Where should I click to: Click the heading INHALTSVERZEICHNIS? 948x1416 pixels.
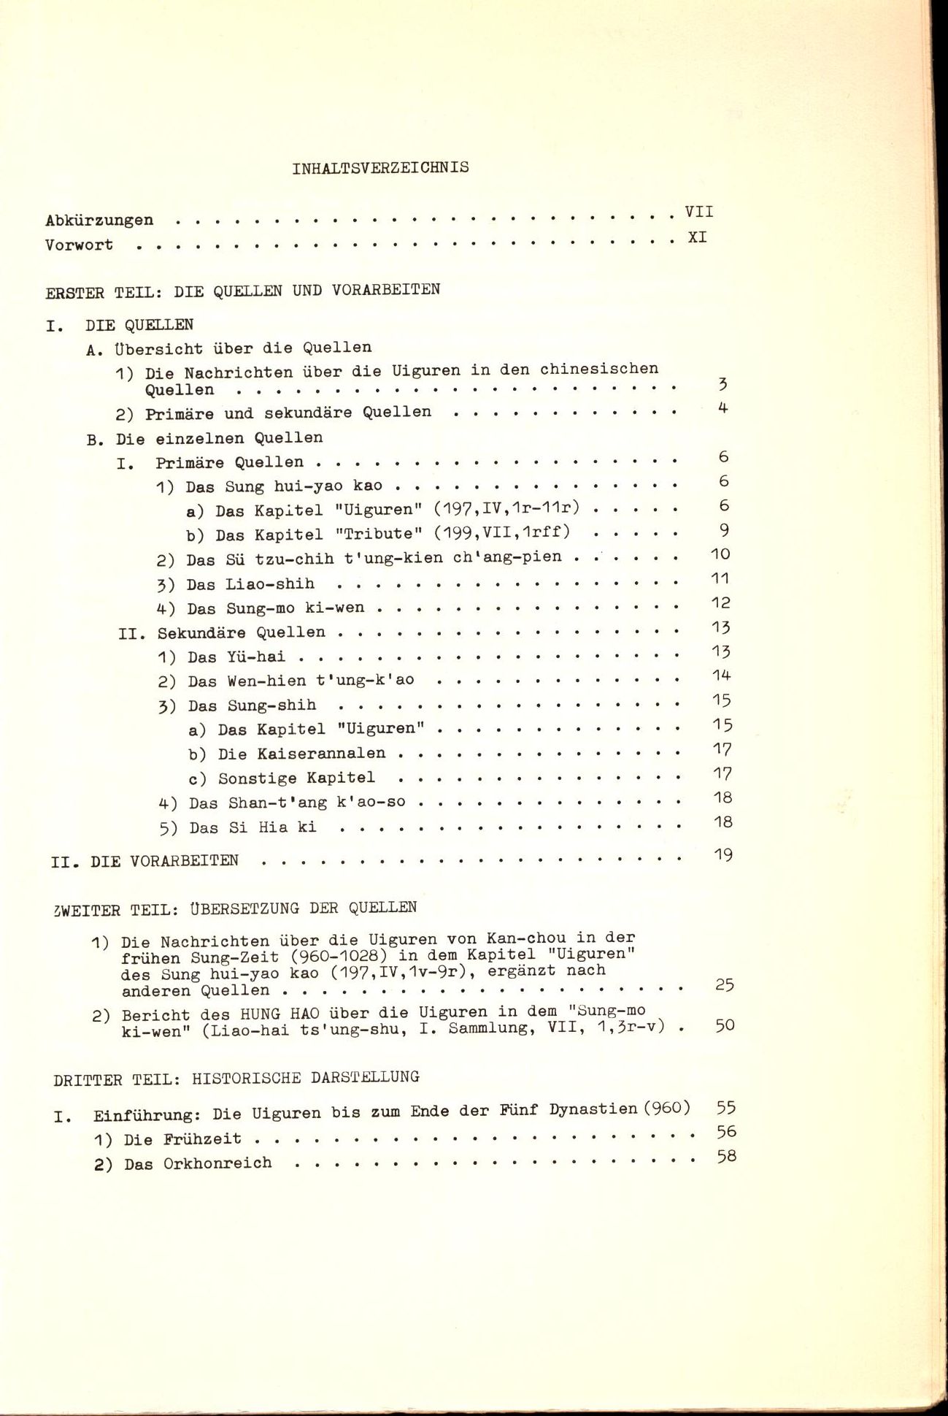380,168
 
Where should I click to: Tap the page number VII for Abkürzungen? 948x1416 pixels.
698,212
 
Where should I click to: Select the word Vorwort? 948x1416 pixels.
79,245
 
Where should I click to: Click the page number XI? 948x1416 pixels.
697,237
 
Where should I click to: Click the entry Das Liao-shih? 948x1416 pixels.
250,584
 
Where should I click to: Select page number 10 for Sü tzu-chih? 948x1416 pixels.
720,554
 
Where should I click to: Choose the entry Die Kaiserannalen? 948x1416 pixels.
301,754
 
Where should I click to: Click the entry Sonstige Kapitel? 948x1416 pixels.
296,778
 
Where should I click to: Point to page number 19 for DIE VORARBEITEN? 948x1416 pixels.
722,854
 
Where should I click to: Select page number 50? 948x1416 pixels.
724,1025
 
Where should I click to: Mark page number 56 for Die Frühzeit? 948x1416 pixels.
726,1132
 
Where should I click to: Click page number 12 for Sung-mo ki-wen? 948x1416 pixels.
720,603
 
